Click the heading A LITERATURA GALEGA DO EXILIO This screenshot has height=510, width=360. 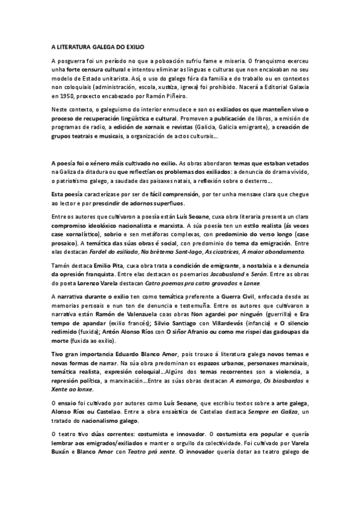(x=97, y=46)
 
